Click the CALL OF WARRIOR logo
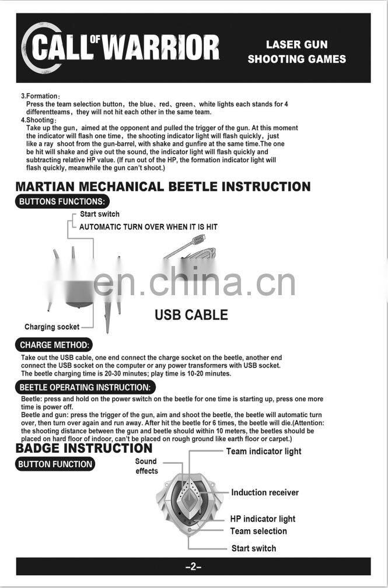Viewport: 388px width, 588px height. [x=121, y=47]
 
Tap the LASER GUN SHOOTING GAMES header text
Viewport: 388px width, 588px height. [x=296, y=52]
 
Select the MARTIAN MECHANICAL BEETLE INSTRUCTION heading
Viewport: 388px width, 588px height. [x=163, y=187]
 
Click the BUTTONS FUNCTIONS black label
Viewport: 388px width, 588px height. [x=62, y=202]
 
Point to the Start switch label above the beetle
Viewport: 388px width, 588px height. [x=100, y=214]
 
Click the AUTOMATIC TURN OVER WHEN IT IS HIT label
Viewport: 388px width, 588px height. [x=148, y=226]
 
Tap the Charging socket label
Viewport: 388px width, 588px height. [x=52, y=327]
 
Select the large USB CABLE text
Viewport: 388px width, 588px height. [x=191, y=315]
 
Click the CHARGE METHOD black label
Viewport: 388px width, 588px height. [x=55, y=345]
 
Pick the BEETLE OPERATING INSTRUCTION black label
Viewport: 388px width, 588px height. [x=85, y=387]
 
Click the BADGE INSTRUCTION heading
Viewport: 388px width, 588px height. [x=84, y=448]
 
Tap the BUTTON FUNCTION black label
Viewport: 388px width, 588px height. [x=55, y=464]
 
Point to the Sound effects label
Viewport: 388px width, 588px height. [x=146, y=466]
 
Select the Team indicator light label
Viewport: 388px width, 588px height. [x=264, y=451]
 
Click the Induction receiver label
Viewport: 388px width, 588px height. [x=265, y=492]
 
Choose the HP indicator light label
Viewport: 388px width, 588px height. [x=263, y=519]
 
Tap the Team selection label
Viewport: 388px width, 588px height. [x=258, y=531]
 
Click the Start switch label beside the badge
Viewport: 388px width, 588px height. [x=254, y=548]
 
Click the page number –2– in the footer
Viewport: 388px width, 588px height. [x=193, y=566]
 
